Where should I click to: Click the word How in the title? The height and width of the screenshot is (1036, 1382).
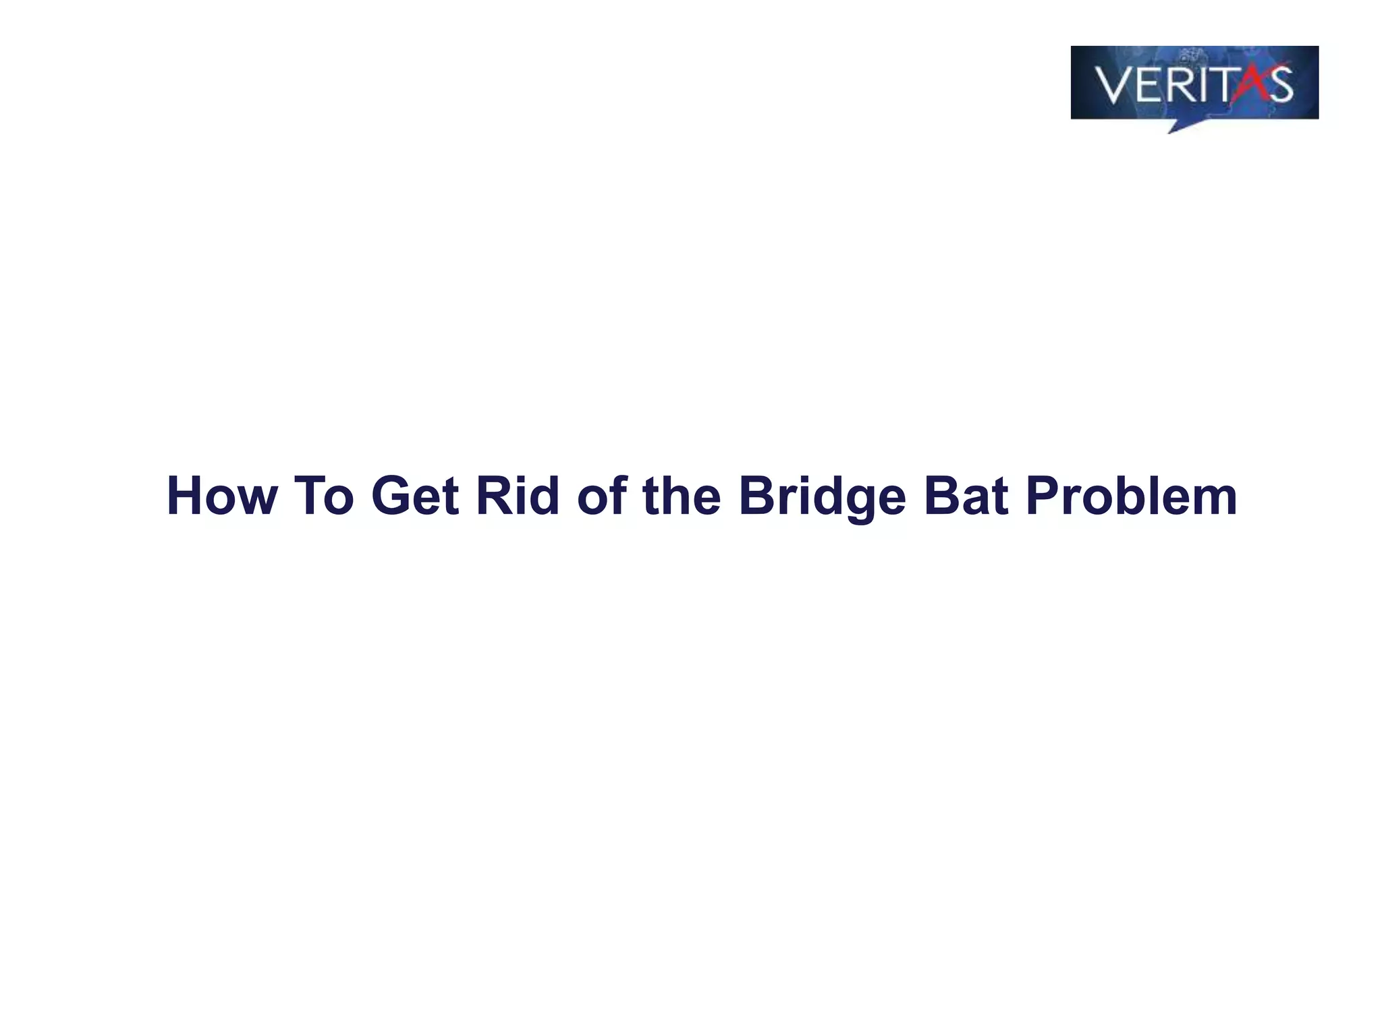pyautogui.click(x=222, y=496)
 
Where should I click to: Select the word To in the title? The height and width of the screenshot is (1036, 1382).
pyautogui.click(x=324, y=496)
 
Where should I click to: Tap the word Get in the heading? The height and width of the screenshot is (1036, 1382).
pyautogui.click(x=415, y=496)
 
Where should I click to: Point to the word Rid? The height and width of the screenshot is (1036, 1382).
pyautogui.click(x=518, y=496)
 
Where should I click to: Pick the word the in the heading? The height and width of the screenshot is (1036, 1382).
pyautogui.click(x=682, y=496)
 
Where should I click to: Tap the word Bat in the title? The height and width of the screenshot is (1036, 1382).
pyautogui.click(x=966, y=496)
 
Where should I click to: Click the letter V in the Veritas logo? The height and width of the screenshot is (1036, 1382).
pyautogui.click(x=1114, y=85)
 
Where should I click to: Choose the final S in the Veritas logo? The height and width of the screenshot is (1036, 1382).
pyautogui.click(x=1279, y=85)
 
